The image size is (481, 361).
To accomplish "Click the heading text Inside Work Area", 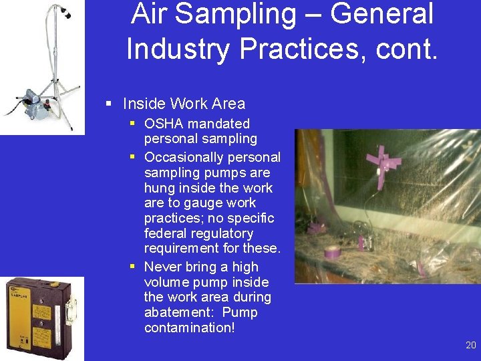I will tap(184, 104).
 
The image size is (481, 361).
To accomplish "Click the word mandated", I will tap(218, 124).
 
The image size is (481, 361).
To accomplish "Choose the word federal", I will tap(165, 233).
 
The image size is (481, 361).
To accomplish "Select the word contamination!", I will tap(190, 328).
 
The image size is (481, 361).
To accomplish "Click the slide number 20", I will tap(471, 345).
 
